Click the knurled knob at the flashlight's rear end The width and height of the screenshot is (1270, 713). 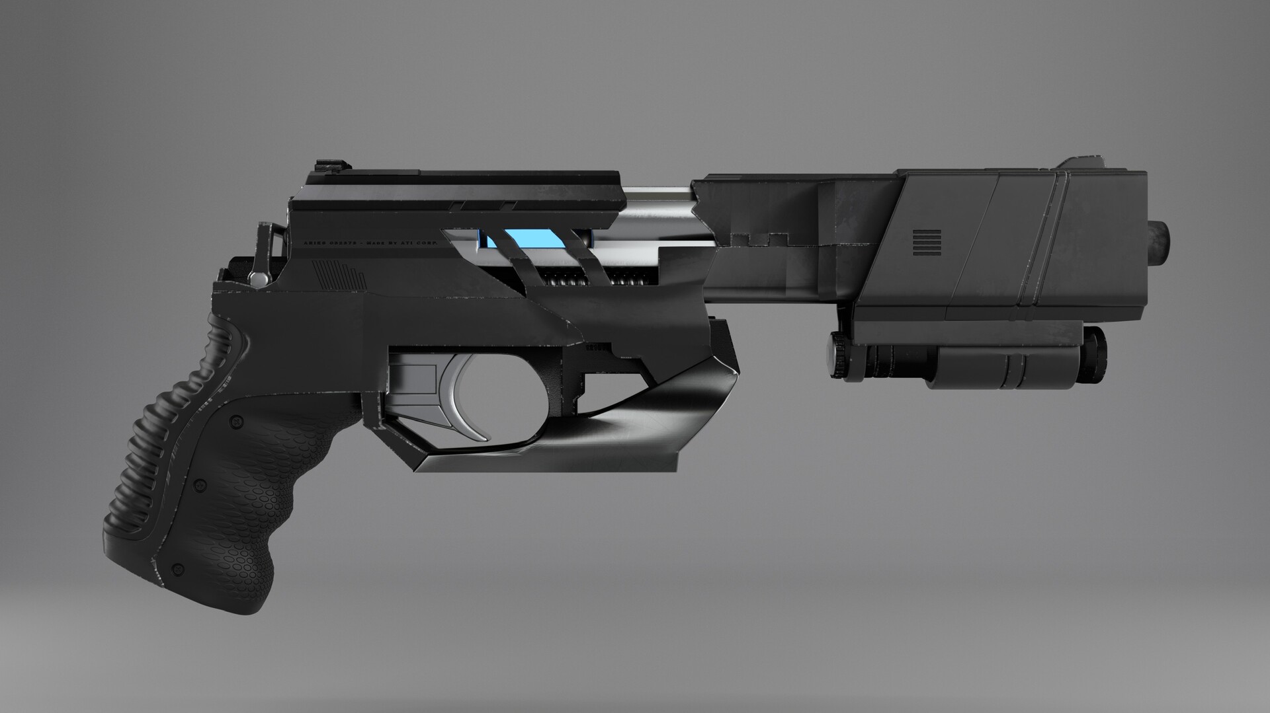(839, 355)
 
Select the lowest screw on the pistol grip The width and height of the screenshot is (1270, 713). (177, 568)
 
